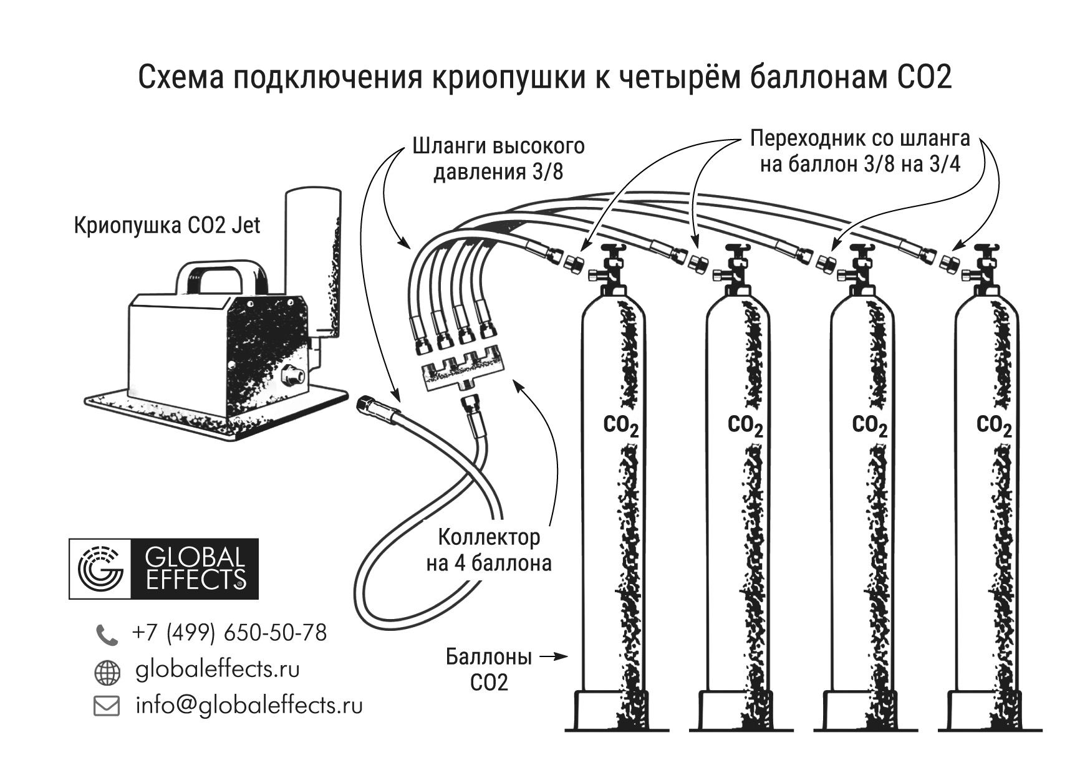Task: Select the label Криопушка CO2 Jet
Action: (x=166, y=225)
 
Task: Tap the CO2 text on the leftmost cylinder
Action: (x=620, y=426)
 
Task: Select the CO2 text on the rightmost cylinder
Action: (x=993, y=426)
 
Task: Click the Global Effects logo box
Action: (x=163, y=569)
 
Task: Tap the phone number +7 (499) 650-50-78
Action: (x=229, y=633)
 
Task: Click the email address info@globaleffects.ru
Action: (x=249, y=706)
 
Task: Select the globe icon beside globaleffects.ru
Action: (x=107, y=673)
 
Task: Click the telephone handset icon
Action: (x=106, y=635)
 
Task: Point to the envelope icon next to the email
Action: (x=106, y=706)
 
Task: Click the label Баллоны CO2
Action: (x=488, y=670)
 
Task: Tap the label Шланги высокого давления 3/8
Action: (x=498, y=158)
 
